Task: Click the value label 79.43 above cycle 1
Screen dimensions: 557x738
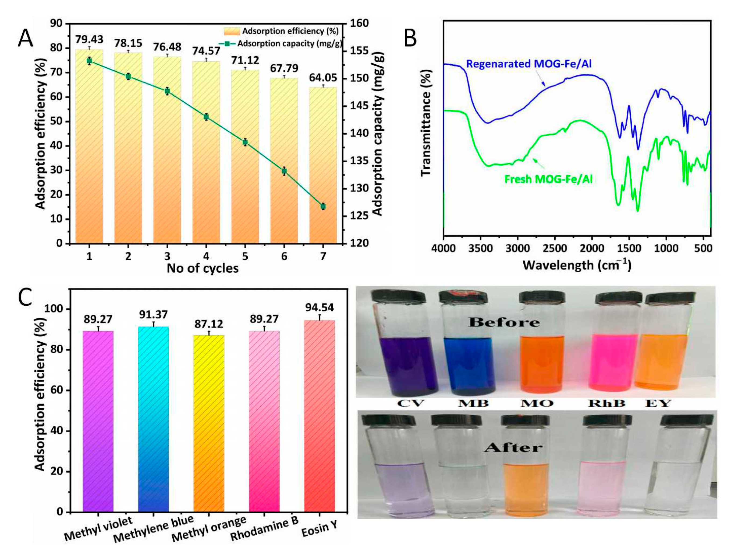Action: (x=89, y=39)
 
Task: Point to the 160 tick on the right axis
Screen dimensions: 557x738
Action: (x=359, y=23)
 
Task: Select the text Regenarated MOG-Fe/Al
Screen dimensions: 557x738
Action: (x=528, y=64)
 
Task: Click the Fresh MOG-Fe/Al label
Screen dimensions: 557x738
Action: (x=548, y=179)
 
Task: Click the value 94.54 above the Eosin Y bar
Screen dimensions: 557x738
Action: (x=319, y=307)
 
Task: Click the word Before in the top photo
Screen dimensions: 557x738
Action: (x=504, y=322)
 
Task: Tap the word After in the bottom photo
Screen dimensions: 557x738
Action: (x=513, y=447)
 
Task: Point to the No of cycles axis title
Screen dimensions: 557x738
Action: (x=203, y=268)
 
